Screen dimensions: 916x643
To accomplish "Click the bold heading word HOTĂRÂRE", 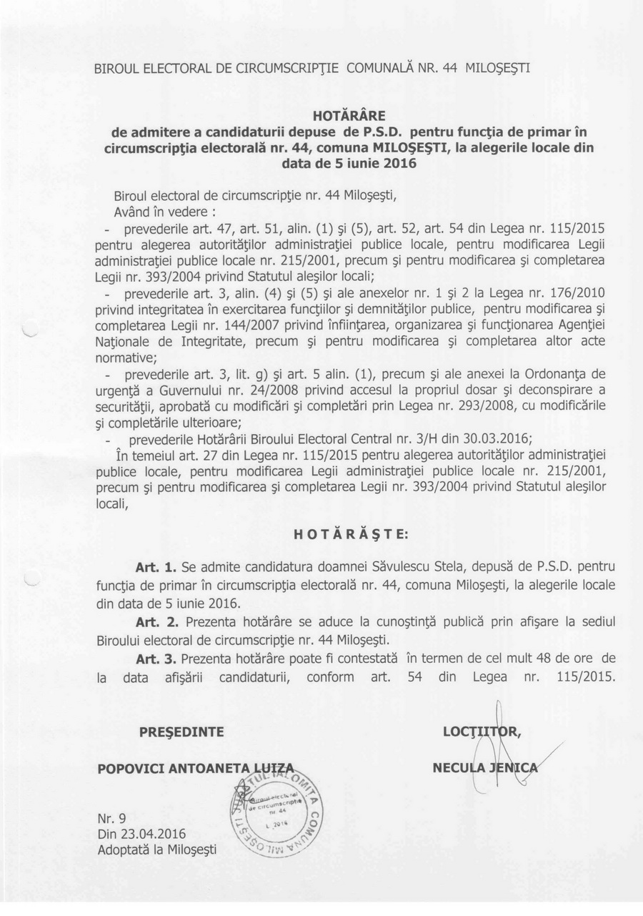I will [349, 116].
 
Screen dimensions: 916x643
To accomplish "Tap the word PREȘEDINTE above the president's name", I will [181, 732].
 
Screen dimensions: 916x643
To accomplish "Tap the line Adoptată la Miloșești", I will [156, 849].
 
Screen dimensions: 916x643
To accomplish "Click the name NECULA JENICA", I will [486, 768].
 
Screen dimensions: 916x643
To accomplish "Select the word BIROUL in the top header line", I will [118, 69].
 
